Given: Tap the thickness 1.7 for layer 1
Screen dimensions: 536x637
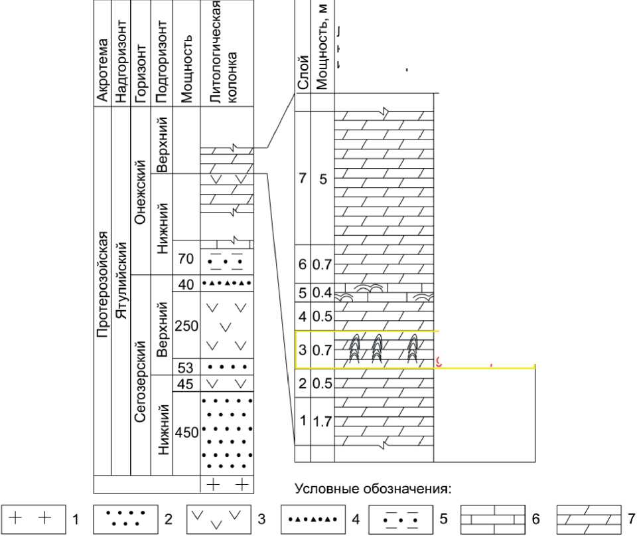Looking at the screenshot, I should [x=322, y=420].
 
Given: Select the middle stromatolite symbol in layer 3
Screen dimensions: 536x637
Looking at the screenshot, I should [x=378, y=348].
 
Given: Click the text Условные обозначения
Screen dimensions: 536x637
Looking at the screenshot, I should [x=374, y=490].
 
